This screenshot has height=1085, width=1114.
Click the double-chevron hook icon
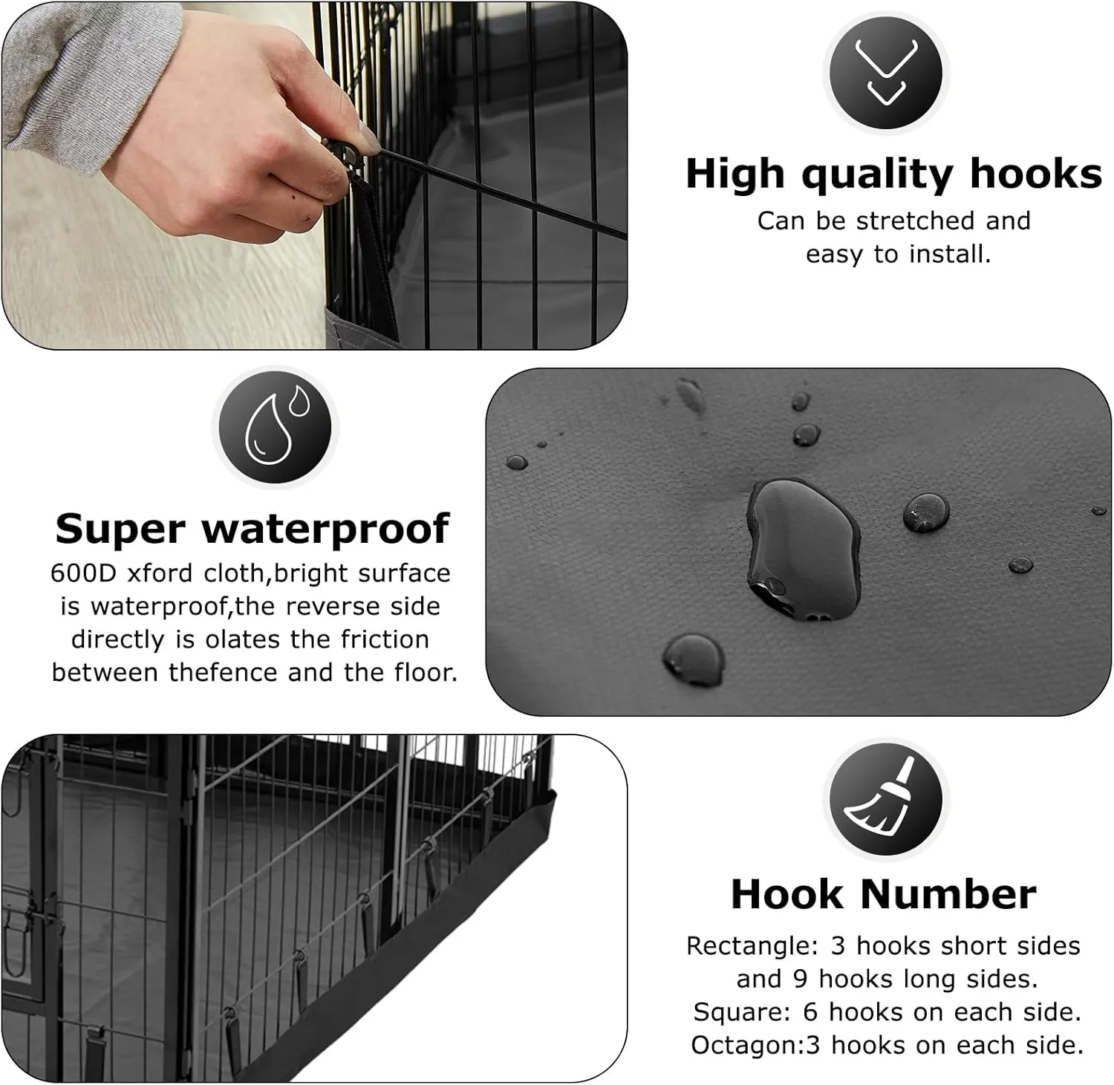pos(886,73)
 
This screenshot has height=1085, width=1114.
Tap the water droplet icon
pos(276,426)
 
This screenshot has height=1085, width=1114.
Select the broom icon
pos(886,798)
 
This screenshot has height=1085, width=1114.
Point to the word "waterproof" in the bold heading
pos(325,530)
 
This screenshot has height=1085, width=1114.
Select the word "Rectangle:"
pos(752,946)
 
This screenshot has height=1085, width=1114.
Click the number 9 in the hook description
pos(800,980)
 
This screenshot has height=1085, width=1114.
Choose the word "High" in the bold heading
pos(735,174)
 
